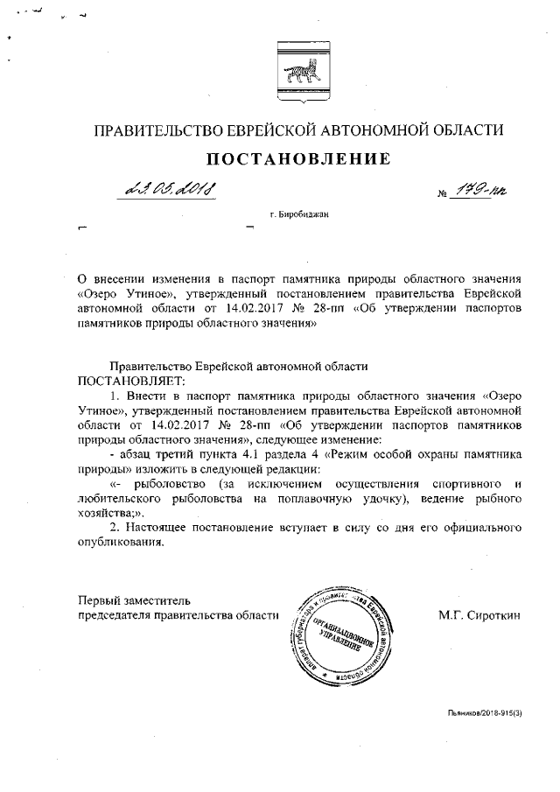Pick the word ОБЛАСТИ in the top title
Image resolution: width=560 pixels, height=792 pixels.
[x=471, y=131]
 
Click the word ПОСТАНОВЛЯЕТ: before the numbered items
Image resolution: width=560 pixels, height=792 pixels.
[x=126, y=382]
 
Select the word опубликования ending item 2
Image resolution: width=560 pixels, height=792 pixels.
[x=120, y=543]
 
